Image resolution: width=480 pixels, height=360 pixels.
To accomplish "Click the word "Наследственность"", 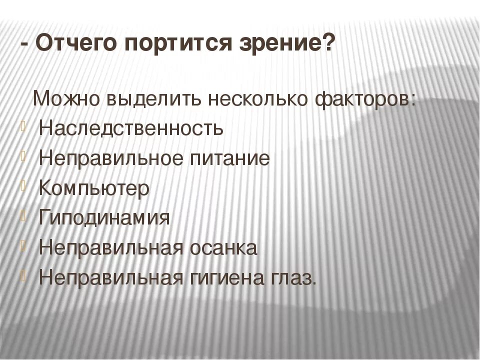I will pos(130,128).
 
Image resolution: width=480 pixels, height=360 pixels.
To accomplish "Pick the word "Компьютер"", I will pos(93,188).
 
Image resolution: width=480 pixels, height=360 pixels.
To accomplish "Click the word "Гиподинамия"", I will pos(104,218).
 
